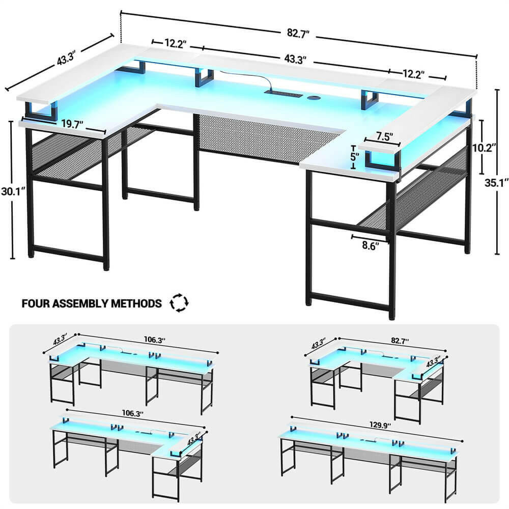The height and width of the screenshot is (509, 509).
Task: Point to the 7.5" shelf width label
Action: click(x=384, y=137)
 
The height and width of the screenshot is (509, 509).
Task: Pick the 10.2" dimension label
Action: click(x=484, y=148)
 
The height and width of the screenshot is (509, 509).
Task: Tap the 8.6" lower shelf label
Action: click(x=370, y=245)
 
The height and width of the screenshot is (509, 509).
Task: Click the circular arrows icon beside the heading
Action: click(x=179, y=303)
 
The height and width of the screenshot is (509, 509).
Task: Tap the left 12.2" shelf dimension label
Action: click(x=175, y=44)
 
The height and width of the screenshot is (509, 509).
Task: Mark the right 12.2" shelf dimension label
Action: click(x=413, y=74)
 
